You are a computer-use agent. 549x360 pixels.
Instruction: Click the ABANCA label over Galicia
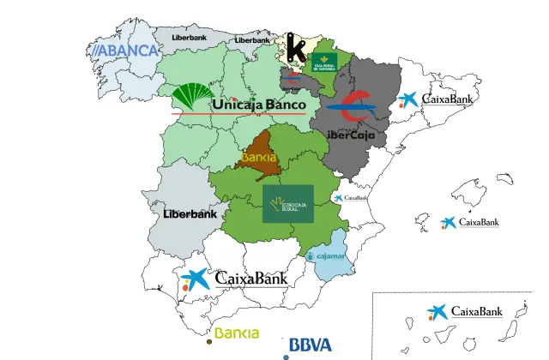point(126,51)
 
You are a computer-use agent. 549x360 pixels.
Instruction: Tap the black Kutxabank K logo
point(296,46)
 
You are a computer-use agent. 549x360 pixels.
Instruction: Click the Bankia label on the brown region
point(259,158)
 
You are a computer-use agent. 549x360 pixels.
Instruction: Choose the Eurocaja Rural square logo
point(287,204)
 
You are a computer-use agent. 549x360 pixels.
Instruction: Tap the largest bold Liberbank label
point(190,214)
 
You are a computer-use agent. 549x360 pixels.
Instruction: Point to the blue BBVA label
point(310,345)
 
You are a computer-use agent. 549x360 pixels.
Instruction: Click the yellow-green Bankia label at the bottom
point(237,333)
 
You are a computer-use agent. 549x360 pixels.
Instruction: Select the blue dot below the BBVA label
point(286,357)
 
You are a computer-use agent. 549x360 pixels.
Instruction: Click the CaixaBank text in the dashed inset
point(476,312)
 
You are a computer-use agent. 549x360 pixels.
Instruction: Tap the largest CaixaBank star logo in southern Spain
point(196,279)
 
